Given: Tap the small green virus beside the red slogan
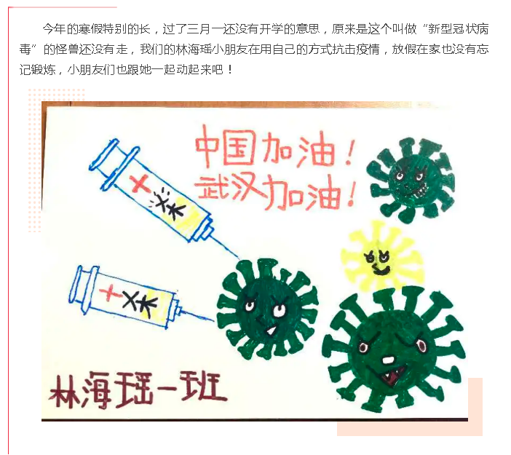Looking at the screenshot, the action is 411,179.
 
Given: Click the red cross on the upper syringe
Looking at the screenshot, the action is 140,183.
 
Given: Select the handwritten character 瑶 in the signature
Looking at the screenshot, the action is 135,389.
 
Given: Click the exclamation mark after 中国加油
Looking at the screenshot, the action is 348,151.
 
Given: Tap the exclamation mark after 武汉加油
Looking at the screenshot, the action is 352,193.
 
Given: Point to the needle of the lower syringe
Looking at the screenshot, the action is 197,315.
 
